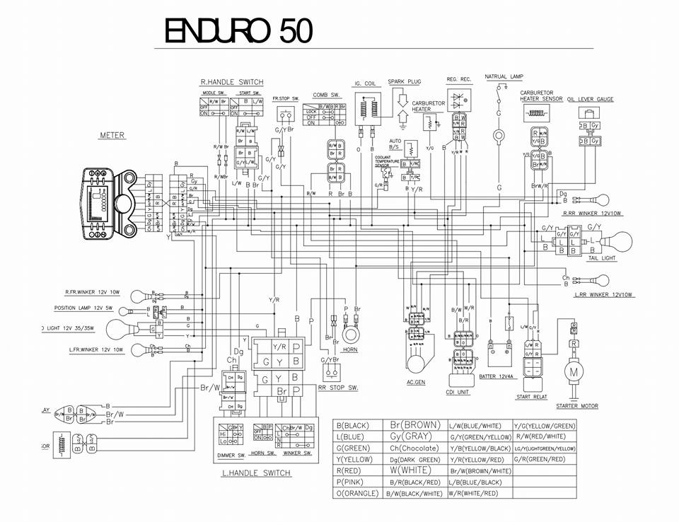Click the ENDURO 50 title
pyautogui.click(x=236, y=30)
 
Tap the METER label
pyautogui.click(x=112, y=135)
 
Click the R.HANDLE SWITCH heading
pyautogui.click(x=232, y=83)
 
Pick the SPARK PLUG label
pyautogui.click(x=404, y=82)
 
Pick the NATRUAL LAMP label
pyautogui.click(x=504, y=76)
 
